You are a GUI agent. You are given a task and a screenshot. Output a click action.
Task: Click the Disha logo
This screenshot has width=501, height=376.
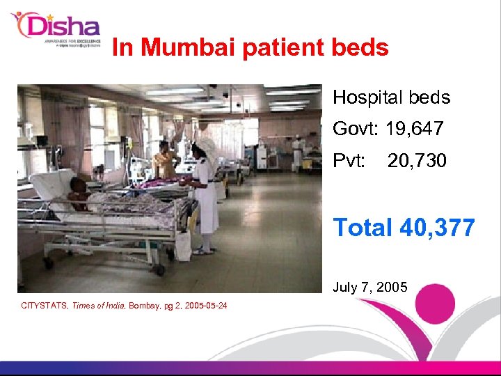[56, 29]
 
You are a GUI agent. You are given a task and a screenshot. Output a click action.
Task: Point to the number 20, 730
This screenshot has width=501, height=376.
[417, 162]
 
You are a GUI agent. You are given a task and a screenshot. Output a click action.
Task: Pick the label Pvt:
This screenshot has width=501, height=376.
[349, 162]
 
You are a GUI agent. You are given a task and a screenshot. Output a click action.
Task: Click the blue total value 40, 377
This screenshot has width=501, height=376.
[436, 227]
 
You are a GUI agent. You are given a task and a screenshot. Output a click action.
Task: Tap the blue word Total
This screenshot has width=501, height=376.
[362, 227]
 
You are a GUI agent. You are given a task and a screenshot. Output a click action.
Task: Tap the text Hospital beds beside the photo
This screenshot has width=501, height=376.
[391, 97]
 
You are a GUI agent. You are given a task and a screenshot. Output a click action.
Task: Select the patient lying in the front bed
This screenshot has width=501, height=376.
[81, 194]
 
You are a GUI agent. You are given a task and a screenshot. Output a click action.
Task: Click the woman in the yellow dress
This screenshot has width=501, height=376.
[165, 162]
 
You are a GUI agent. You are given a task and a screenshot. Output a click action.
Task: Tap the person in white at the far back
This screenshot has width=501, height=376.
[298, 153]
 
